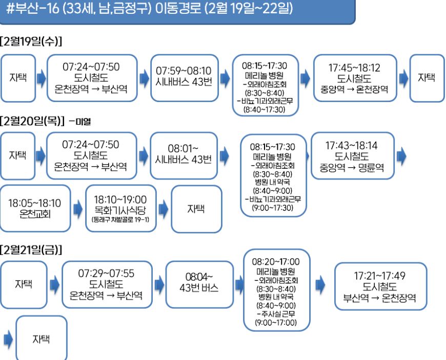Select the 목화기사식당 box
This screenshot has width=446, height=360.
(x=120, y=208)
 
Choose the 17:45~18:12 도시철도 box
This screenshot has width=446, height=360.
(x=354, y=78)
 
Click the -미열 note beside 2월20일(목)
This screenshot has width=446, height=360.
(x=83, y=122)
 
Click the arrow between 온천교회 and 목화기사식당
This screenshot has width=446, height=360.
(x=77, y=208)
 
